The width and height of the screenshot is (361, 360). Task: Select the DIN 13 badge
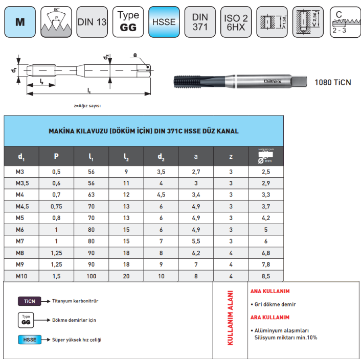92,22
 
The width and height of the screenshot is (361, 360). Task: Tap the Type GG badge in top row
128,22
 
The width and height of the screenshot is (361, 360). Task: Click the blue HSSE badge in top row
164,22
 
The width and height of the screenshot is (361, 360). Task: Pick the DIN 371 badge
200,22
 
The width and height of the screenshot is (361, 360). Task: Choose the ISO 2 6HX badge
236,22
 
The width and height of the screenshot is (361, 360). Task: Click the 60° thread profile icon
56,22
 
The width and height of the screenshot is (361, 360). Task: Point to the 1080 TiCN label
332,82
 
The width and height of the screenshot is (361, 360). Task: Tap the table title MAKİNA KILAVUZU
143,131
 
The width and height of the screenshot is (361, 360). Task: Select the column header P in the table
56,156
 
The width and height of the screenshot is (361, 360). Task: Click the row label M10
21,276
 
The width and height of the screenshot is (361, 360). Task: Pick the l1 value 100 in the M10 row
91,276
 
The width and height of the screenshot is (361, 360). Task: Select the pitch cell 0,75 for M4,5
56,206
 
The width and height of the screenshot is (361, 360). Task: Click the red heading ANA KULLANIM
269,291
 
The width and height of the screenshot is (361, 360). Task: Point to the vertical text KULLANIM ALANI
230,318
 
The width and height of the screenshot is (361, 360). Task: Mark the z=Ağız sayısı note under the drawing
87,106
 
